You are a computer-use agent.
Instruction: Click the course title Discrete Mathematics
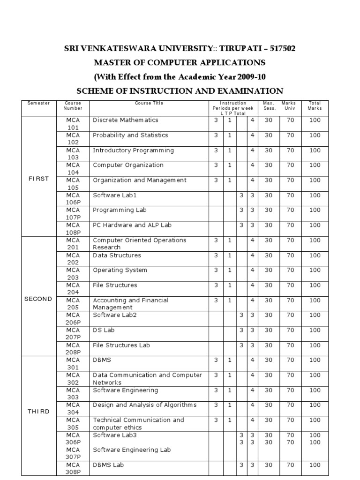[126, 120]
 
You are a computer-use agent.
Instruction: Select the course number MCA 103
[73, 154]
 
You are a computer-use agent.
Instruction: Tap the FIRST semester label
[39, 180]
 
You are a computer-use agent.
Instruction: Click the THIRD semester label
[39, 412]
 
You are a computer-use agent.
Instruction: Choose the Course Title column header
[149, 103]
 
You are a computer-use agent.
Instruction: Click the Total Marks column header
[315, 105]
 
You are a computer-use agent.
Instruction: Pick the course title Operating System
[120, 270]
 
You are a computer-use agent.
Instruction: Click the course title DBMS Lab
[109, 465]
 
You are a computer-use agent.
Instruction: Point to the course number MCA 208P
[73, 349]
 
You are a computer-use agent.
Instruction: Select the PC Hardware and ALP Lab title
[132, 225]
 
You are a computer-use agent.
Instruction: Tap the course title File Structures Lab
[121, 345]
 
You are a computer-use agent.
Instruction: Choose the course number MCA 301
[73, 364]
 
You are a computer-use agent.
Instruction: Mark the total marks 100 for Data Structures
[315, 255]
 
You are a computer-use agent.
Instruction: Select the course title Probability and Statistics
[130, 135]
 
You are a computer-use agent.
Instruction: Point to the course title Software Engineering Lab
[132, 450]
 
